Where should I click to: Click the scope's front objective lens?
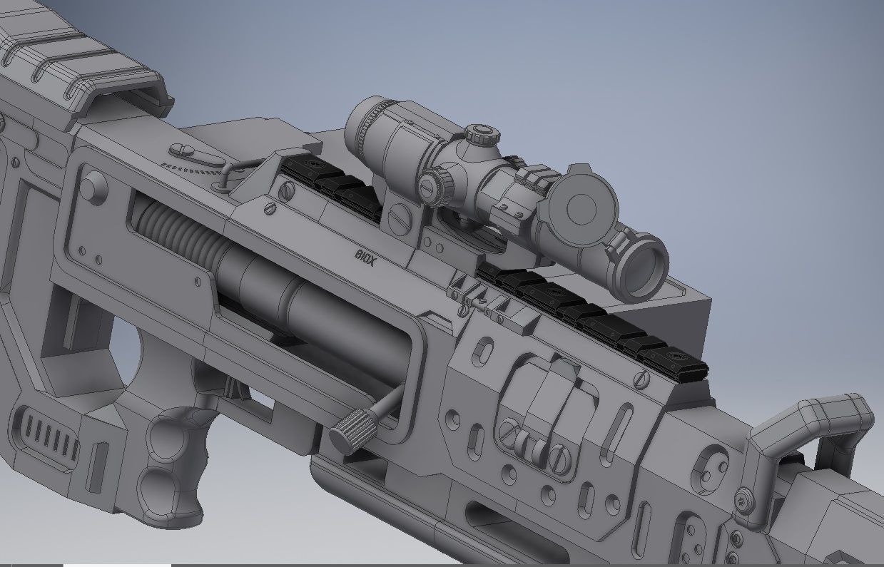[x=642, y=269]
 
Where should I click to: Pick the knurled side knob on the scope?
[x=436, y=185]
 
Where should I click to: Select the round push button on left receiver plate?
[x=93, y=187]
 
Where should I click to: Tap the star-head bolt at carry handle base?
[x=746, y=500]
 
